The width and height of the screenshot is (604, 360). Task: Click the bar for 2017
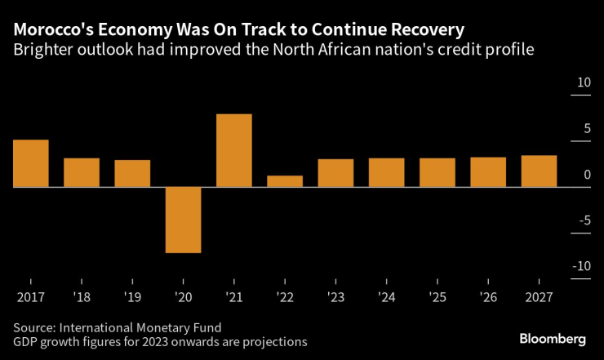point(30,163)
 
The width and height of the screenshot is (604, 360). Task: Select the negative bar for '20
point(183,220)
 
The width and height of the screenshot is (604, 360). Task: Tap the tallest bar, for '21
point(233,150)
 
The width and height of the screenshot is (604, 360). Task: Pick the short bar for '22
point(284,181)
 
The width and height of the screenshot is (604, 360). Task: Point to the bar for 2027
point(539,171)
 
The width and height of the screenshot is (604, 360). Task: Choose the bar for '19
point(132,173)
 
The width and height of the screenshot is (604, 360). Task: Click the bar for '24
point(386,172)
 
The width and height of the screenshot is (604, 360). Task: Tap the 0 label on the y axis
point(587,175)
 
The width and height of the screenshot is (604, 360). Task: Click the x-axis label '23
point(335,297)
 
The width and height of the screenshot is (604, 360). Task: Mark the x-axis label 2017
point(29,297)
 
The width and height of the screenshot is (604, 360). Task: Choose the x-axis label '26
point(487,297)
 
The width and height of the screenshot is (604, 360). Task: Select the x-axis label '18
point(81,297)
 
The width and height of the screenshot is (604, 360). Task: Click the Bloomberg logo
point(553,338)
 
